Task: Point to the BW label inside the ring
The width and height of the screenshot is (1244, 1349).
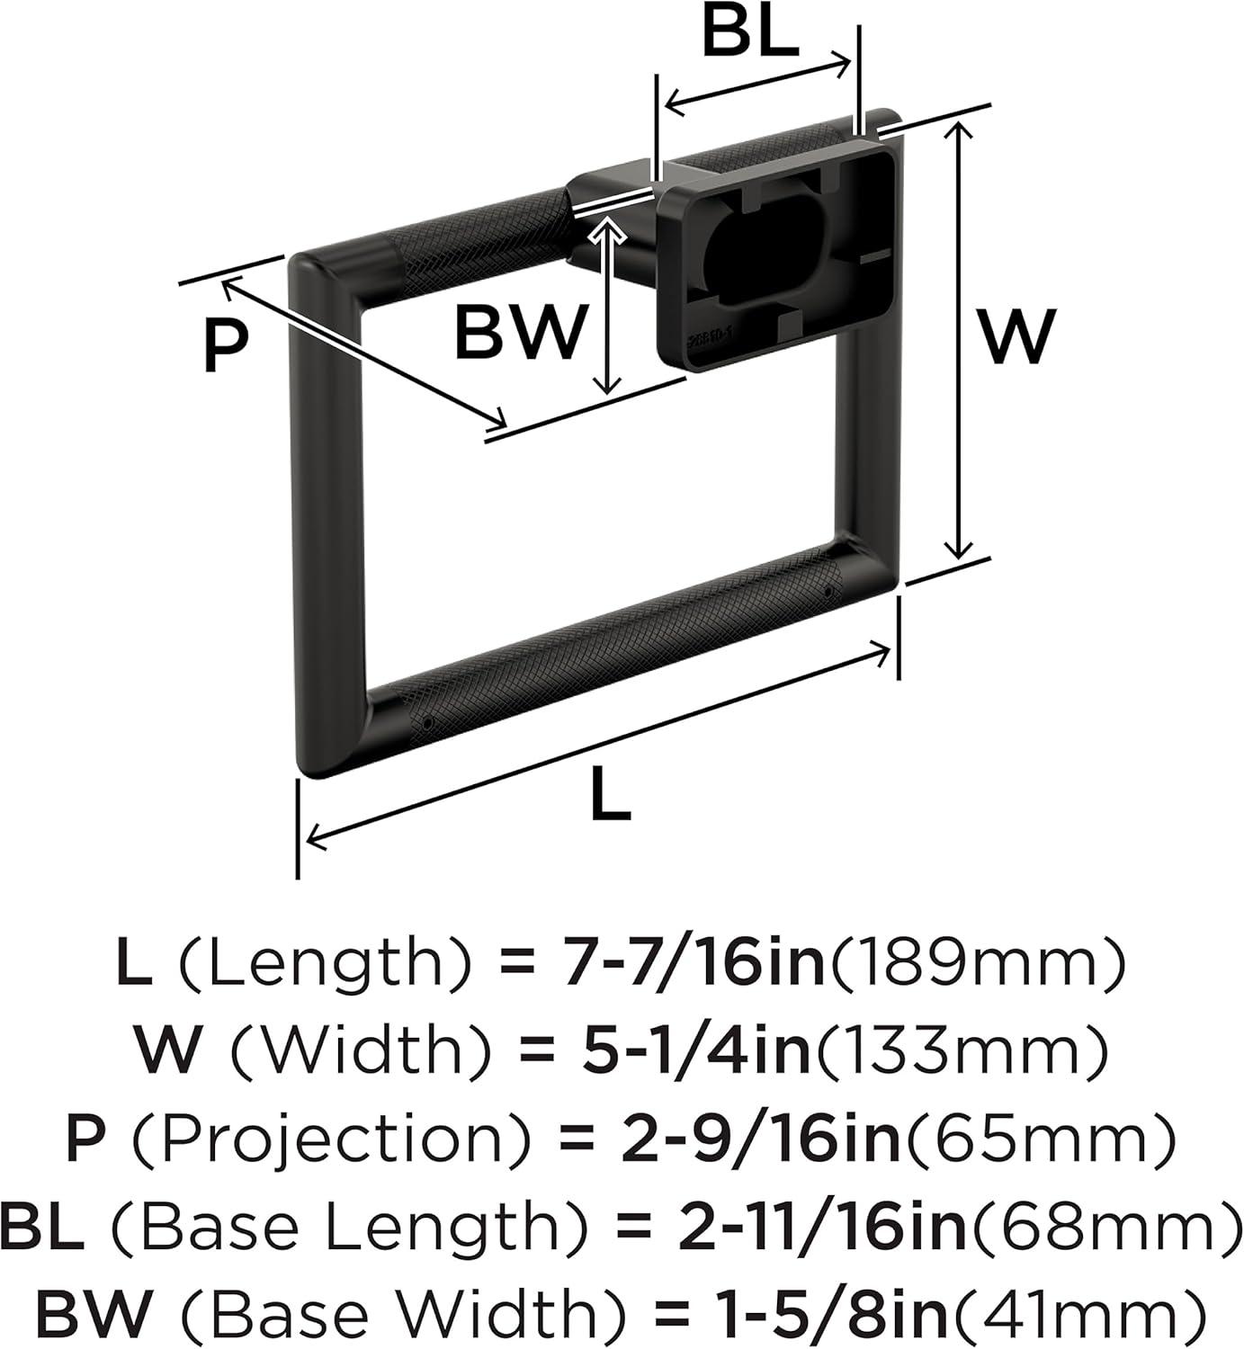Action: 519,332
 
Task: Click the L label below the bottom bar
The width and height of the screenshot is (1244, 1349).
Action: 610,794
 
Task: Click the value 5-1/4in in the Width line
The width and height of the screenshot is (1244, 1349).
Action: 690,1050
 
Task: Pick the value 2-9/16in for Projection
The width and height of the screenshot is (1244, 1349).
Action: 761,1137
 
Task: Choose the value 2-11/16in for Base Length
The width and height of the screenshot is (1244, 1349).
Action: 823,1222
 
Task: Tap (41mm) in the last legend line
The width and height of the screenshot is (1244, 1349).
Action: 1073,1309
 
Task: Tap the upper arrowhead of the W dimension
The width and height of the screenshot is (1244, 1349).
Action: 958,131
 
